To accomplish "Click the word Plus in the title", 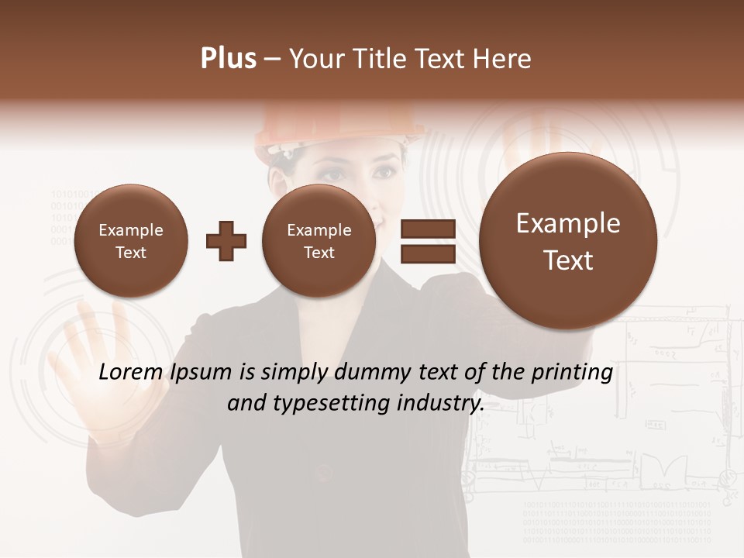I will (228, 59).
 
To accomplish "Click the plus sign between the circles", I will (226, 240).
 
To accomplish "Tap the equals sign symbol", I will (427, 241).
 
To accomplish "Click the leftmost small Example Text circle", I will (131, 241).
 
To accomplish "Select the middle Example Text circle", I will (319, 241).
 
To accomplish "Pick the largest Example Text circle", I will (568, 241).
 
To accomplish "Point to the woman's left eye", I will (384, 173).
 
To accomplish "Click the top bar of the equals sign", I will (427, 229).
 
